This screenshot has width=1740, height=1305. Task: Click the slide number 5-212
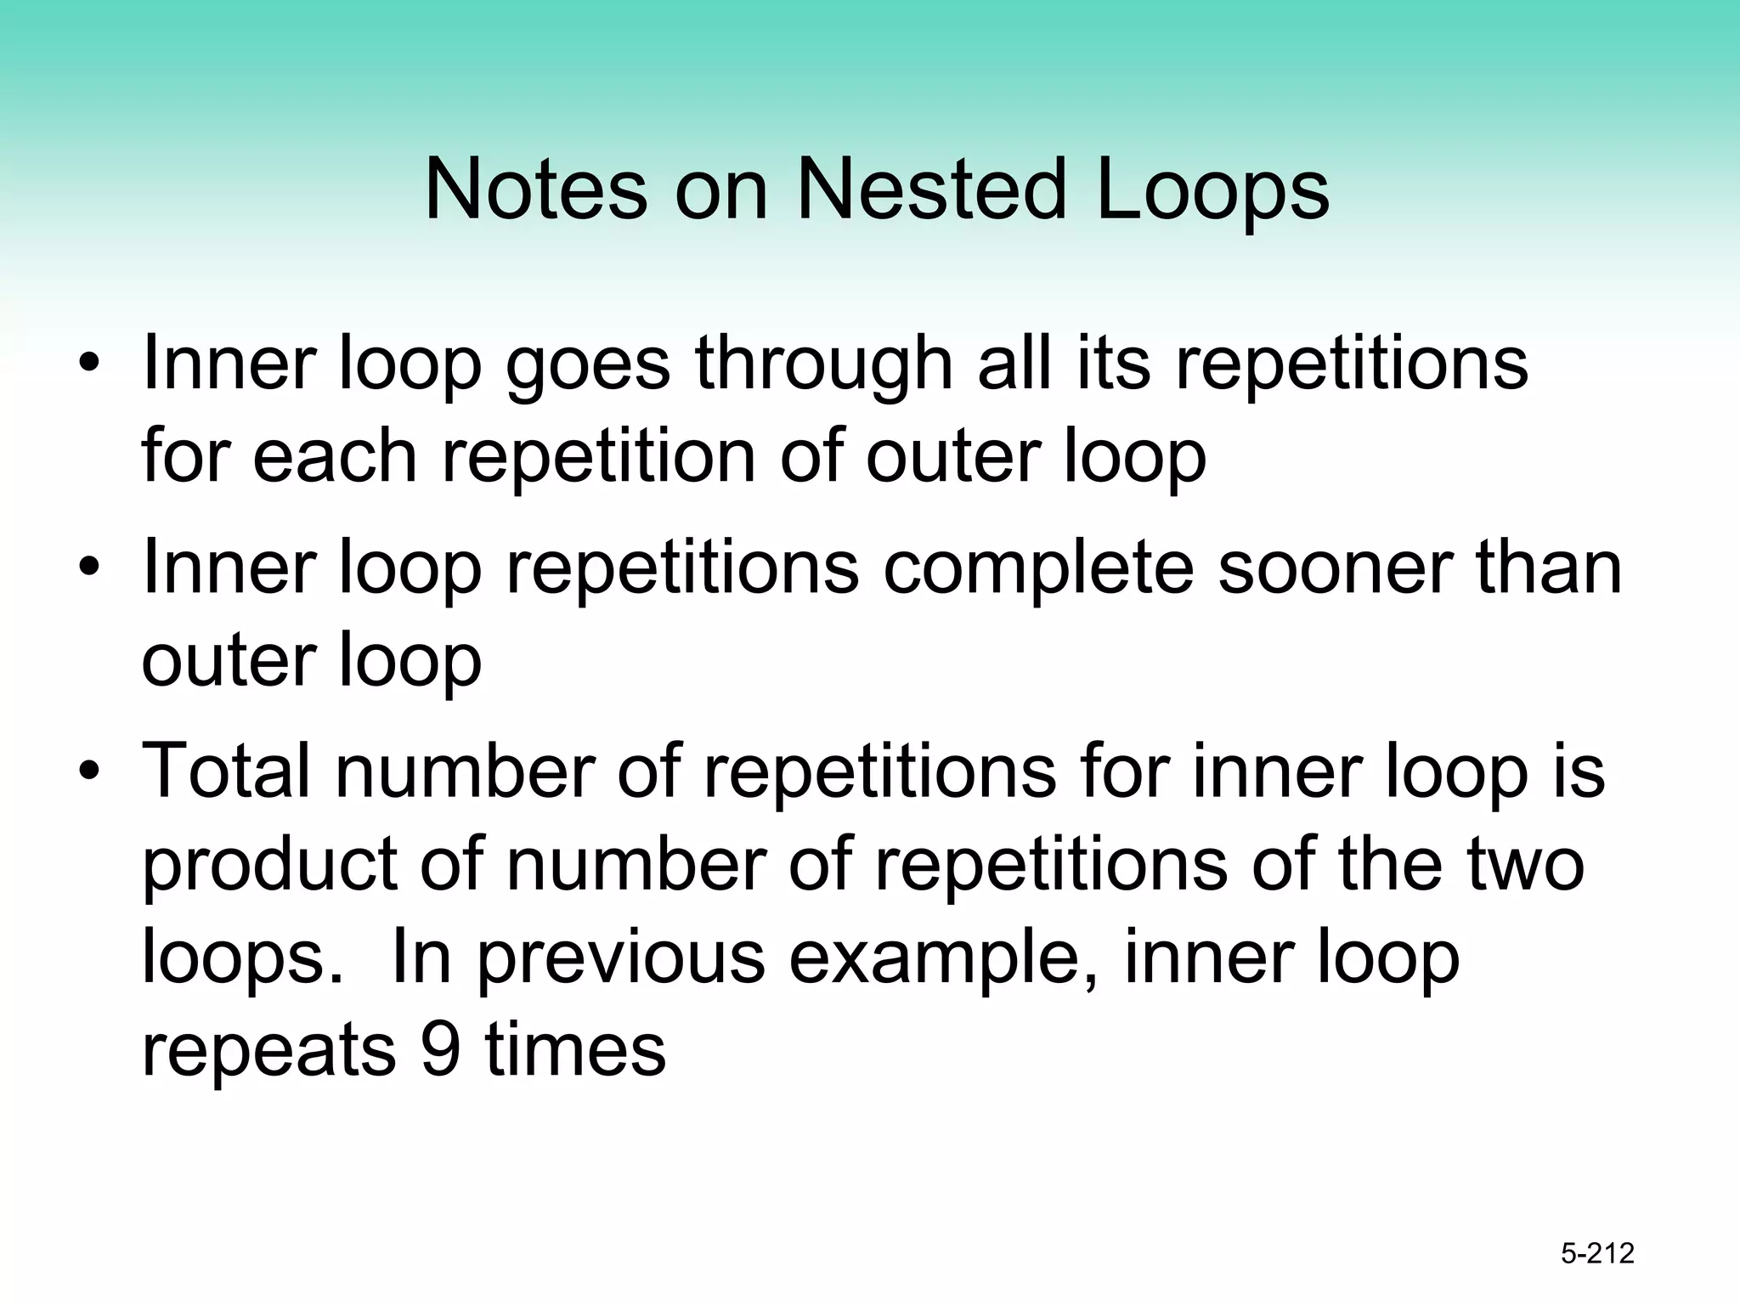1597,1253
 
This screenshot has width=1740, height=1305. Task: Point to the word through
823,365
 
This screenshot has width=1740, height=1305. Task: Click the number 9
440,1049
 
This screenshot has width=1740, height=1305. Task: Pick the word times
575,1049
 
